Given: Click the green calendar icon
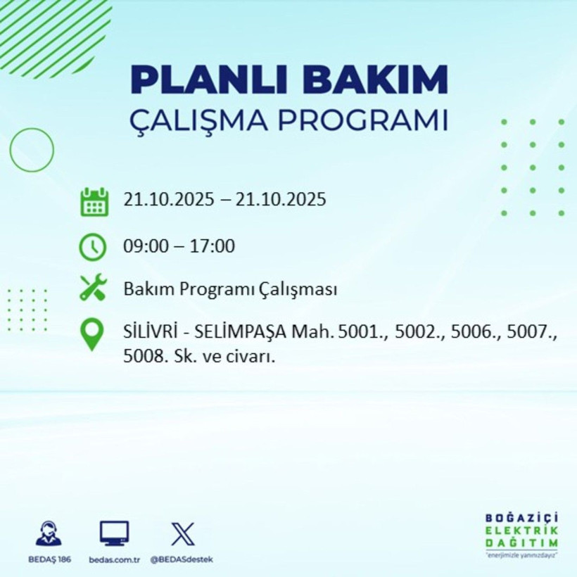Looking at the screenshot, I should [94, 201].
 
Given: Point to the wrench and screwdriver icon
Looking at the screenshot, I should [93, 288].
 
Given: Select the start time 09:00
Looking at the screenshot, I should [144, 247].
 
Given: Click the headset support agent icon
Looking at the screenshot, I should [49, 533].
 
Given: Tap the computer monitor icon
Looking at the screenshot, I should [114, 534].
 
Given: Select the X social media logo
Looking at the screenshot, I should [182, 534].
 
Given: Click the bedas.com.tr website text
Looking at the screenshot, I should [115, 559].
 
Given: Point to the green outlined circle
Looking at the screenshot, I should [32, 150].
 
